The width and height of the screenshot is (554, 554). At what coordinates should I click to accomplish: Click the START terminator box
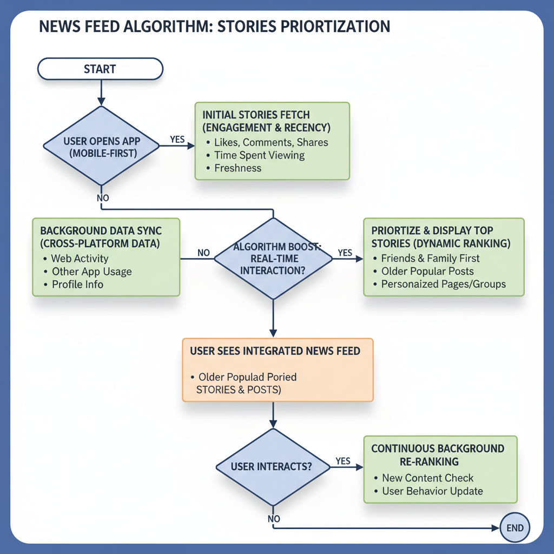pos(100,69)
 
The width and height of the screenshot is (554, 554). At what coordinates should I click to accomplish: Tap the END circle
pos(515,527)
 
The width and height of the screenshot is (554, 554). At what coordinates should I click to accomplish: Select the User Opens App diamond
pos(101,146)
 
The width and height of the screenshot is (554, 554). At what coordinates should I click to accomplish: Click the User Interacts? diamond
pos(273,467)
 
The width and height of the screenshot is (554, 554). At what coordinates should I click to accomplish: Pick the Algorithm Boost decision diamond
pos(273,259)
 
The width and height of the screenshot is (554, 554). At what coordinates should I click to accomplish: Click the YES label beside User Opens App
pos(177,139)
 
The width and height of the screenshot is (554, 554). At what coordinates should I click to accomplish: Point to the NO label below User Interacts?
pos(274,519)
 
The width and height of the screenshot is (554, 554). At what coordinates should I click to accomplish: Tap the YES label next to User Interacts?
pos(343,461)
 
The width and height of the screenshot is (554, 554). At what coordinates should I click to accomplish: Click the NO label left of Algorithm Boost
pos(203,253)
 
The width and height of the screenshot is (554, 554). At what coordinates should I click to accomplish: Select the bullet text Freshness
pos(238,168)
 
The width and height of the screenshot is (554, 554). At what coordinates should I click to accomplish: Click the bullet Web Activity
pos(80,259)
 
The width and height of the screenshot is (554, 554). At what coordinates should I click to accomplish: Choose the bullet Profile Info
pos(77,285)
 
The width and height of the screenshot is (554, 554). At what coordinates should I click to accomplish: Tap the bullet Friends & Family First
pos(430,258)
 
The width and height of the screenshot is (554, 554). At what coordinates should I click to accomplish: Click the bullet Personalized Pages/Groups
pos(443,284)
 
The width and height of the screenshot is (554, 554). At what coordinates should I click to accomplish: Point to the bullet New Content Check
pos(427,478)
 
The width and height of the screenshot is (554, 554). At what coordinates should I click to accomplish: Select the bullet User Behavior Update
pos(432,491)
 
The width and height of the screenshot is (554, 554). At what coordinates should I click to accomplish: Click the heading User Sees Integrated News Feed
pos(275,351)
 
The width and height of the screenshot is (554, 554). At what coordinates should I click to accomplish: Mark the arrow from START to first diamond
pos(100,91)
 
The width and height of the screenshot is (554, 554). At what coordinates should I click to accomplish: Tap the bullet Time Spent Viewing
pos(259,155)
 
